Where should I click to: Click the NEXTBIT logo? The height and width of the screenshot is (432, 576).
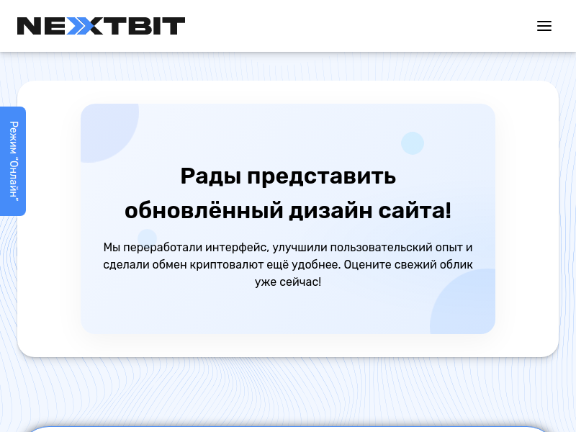point(101,26)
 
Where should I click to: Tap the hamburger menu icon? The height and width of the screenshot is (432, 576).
point(544,26)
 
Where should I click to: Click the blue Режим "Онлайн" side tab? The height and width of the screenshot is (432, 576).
point(13,161)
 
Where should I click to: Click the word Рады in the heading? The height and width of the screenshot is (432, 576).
point(211,176)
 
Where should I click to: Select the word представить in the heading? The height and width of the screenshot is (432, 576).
point(321,176)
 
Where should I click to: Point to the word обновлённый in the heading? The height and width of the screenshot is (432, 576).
point(204,210)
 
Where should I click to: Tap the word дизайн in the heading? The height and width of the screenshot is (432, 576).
point(330,211)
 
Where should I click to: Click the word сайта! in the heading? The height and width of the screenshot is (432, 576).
point(415,211)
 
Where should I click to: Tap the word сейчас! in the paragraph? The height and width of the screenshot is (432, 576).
point(300,282)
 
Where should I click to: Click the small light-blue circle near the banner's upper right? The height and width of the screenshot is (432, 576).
point(412,143)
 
